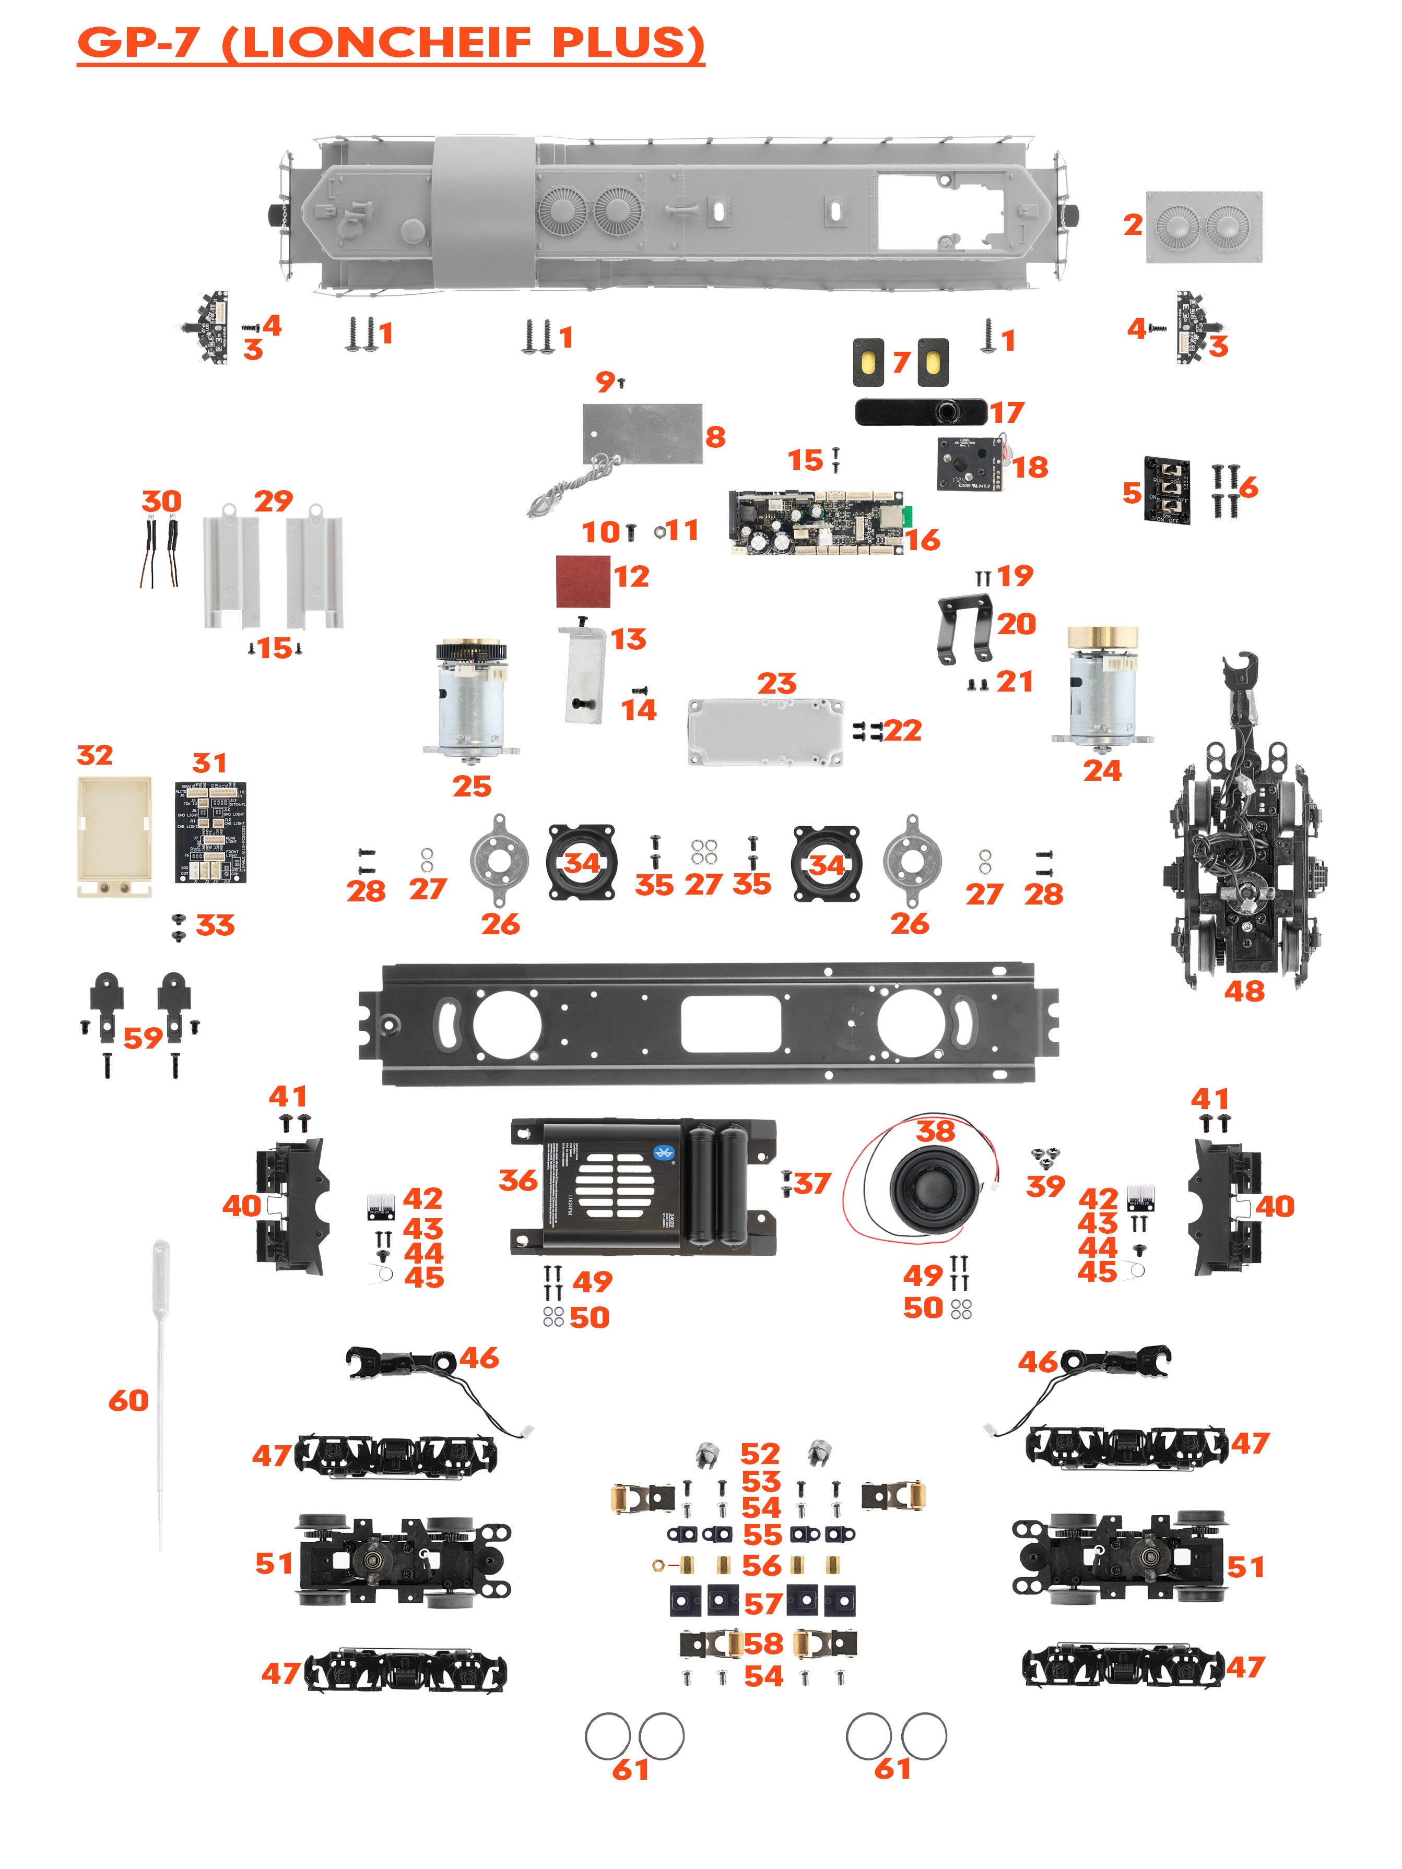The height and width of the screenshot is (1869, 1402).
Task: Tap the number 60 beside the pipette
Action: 128,1400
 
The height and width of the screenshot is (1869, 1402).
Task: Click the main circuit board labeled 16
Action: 816,522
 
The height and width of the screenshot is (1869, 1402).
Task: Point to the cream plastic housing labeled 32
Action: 114,835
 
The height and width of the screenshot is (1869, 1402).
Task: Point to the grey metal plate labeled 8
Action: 642,433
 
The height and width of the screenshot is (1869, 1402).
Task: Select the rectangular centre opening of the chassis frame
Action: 730,1023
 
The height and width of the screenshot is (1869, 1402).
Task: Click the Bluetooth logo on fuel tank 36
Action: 663,1152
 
